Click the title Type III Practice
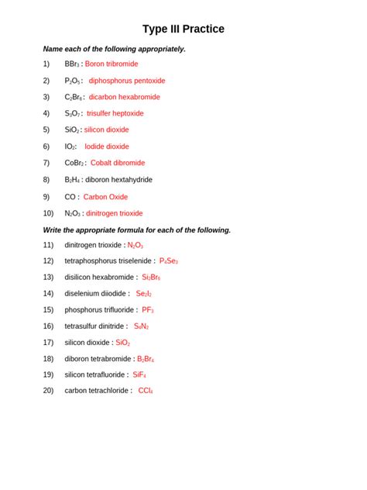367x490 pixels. coord(183,29)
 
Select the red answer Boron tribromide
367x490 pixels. coord(111,64)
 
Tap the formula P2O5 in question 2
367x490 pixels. coord(73,81)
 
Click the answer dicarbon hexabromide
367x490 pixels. coord(124,97)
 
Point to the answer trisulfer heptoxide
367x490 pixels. coord(115,113)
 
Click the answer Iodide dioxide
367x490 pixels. coord(107,147)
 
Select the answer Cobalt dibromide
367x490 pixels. coord(117,163)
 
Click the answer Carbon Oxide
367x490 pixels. coord(105,197)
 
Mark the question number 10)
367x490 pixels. coord(49,213)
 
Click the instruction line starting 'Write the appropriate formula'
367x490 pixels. coord(137,229)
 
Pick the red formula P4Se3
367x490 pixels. coord(168,261)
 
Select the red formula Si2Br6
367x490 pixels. coord(151,278)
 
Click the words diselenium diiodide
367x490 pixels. coord(96,294)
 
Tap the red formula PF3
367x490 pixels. coord(148,310)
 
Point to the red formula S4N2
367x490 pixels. coord(141,326)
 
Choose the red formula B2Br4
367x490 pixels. coord(146,359)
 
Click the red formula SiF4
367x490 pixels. coord(139,374)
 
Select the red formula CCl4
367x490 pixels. coord(146,391)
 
